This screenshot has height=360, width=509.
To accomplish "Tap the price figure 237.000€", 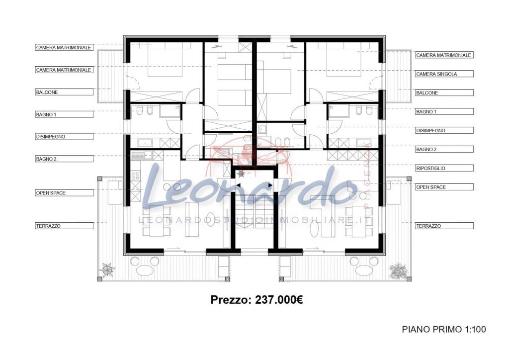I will (x=279, y=300).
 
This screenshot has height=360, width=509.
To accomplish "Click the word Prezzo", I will (x=231, y=300).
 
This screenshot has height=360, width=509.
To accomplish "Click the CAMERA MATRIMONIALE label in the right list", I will (x=443, y=55).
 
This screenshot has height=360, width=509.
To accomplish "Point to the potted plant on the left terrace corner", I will (x=107, y=270).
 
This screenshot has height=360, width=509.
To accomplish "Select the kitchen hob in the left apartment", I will (x=134, y=176).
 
